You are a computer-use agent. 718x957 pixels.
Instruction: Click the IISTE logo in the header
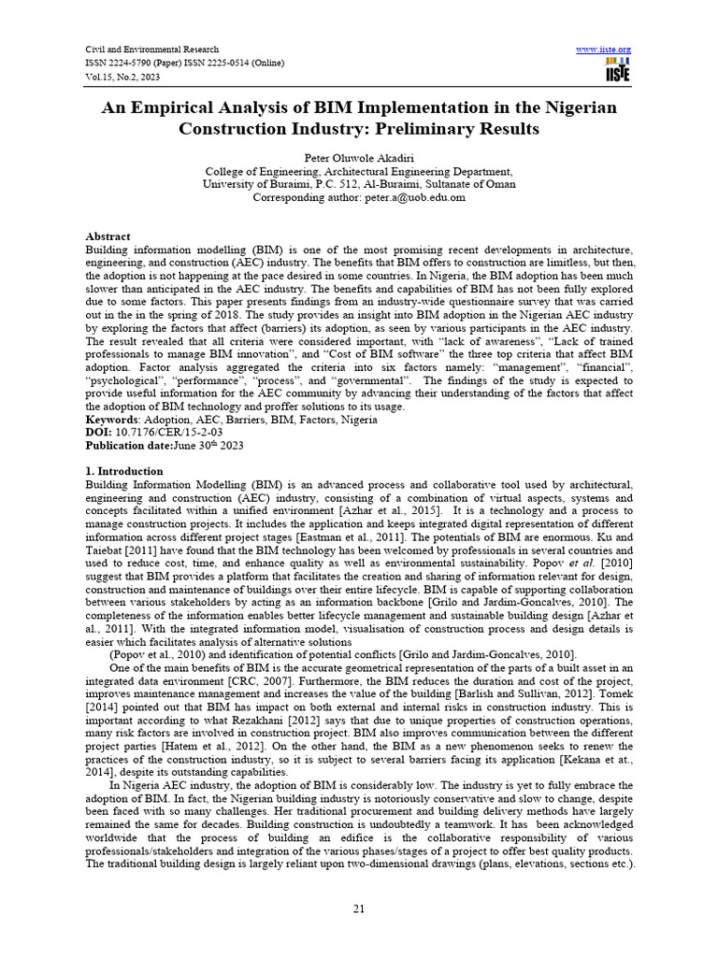[x=618, y=68]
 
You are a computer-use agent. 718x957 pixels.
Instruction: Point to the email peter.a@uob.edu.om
[x=412, y=198]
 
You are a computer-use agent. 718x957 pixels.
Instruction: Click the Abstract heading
[x=108, y=236]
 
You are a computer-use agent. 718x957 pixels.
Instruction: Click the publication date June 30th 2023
[x=208, y=446]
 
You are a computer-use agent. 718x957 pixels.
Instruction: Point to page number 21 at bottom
[x=359, y=910]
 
